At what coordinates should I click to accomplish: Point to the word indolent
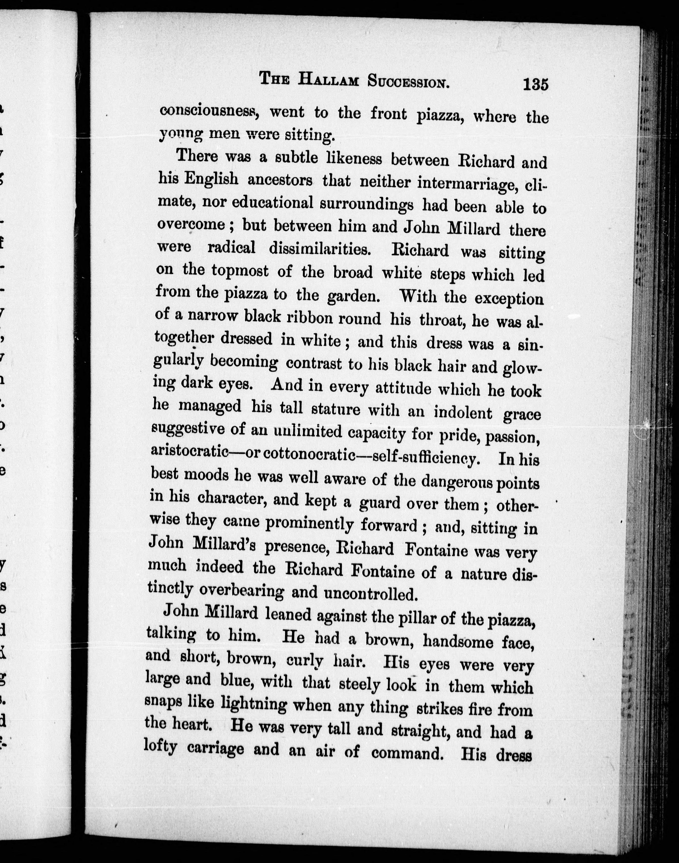point(463,413)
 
